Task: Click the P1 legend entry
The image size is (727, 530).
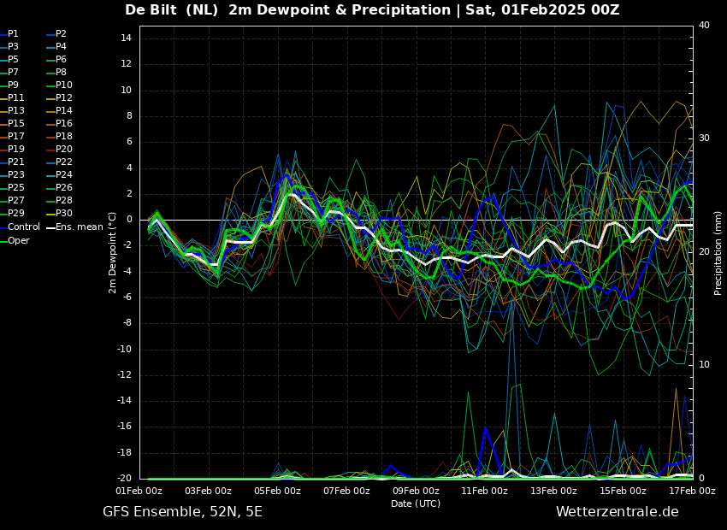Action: click(9, 34)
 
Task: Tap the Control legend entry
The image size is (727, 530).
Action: click(21, 227)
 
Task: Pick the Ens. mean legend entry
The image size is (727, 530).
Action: click(75, 227)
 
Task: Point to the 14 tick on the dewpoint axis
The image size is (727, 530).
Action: click(126, 38)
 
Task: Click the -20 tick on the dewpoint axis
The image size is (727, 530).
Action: click(124, 478)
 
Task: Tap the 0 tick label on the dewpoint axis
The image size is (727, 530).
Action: click(129, 220)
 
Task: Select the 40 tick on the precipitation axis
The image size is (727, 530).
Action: click(704, 25)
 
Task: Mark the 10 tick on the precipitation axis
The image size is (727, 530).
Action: click(704, 364)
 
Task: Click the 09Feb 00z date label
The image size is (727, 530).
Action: click(416, 491)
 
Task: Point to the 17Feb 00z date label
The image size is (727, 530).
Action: click(693, 491)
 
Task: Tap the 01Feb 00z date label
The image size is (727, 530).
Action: click(139, 491)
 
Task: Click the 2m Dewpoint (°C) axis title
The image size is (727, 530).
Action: click(112, 253)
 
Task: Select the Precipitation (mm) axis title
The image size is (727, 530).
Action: click(718, 253)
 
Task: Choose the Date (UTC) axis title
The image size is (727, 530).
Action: click(416, 503)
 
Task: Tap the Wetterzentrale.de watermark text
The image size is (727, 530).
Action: click(618, 512)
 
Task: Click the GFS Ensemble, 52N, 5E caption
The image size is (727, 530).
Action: click(182, 512)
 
